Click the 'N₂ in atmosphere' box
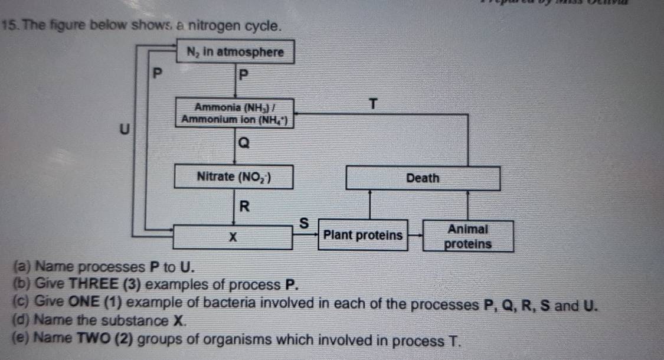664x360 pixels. pos(235,52)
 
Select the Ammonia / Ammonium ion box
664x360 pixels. pos(235,112)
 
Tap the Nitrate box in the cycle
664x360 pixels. pos(234,176)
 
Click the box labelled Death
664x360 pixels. pos(423,178)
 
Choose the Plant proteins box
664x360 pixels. pos(363,235)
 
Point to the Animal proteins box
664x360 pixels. pos(468,236)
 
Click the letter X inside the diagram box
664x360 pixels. pos(233,237)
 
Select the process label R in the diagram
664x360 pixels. pos(244,207)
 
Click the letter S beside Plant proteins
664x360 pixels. pos(305,224)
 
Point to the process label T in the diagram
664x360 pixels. pos(372,105)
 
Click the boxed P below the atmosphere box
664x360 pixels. pos(243,76)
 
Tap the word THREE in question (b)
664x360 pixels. pos(91,284)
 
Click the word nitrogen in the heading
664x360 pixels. pos(213,26)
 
